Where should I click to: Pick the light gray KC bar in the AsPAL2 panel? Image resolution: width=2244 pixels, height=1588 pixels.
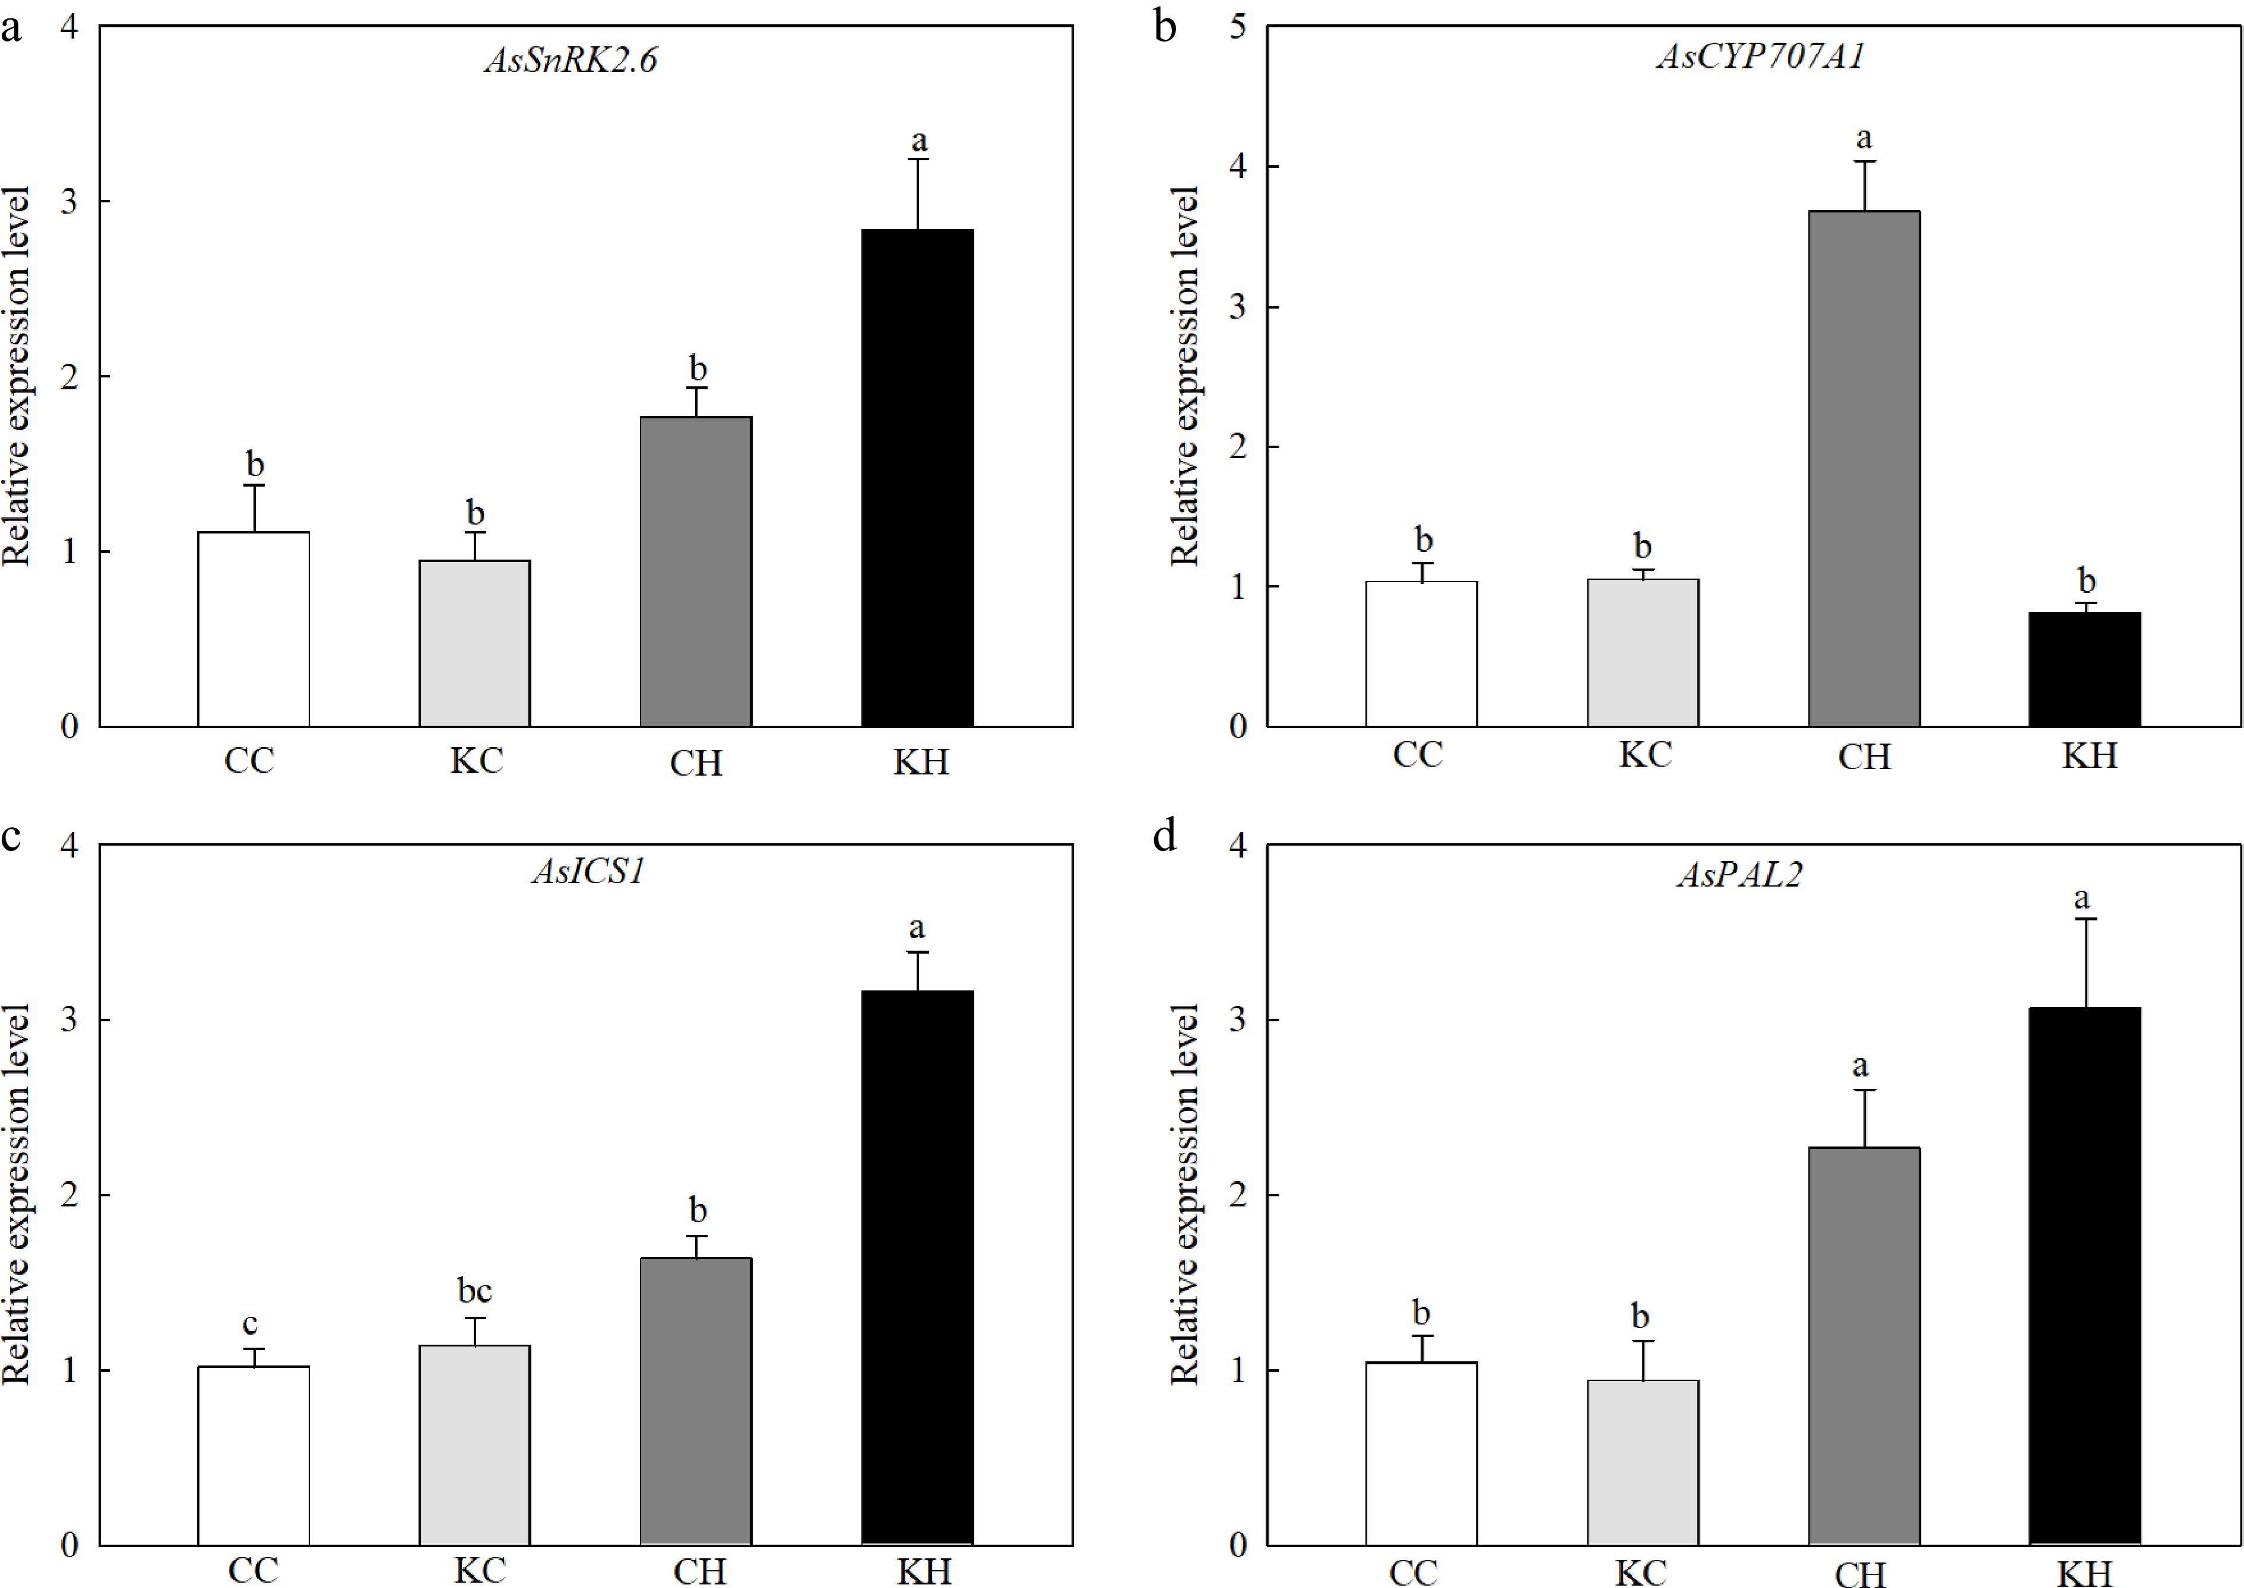[x=1643, y=1462]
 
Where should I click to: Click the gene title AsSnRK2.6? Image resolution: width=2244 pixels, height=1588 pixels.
[x=571, y=61]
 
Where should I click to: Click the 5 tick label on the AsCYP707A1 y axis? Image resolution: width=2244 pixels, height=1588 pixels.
[x=1238, y=27]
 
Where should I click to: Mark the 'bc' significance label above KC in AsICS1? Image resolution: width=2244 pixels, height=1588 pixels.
[x=474, y=1292]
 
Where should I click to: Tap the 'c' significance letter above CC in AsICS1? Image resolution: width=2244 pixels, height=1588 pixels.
[x=251, y=1324]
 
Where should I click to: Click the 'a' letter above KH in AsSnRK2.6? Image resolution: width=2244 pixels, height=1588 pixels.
[x=918, y=142]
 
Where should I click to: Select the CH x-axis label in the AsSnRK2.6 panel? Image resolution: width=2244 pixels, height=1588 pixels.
[x=696, y=763]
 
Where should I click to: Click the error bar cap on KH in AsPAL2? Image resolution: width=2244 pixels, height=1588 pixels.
[x=2084, y=919]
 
